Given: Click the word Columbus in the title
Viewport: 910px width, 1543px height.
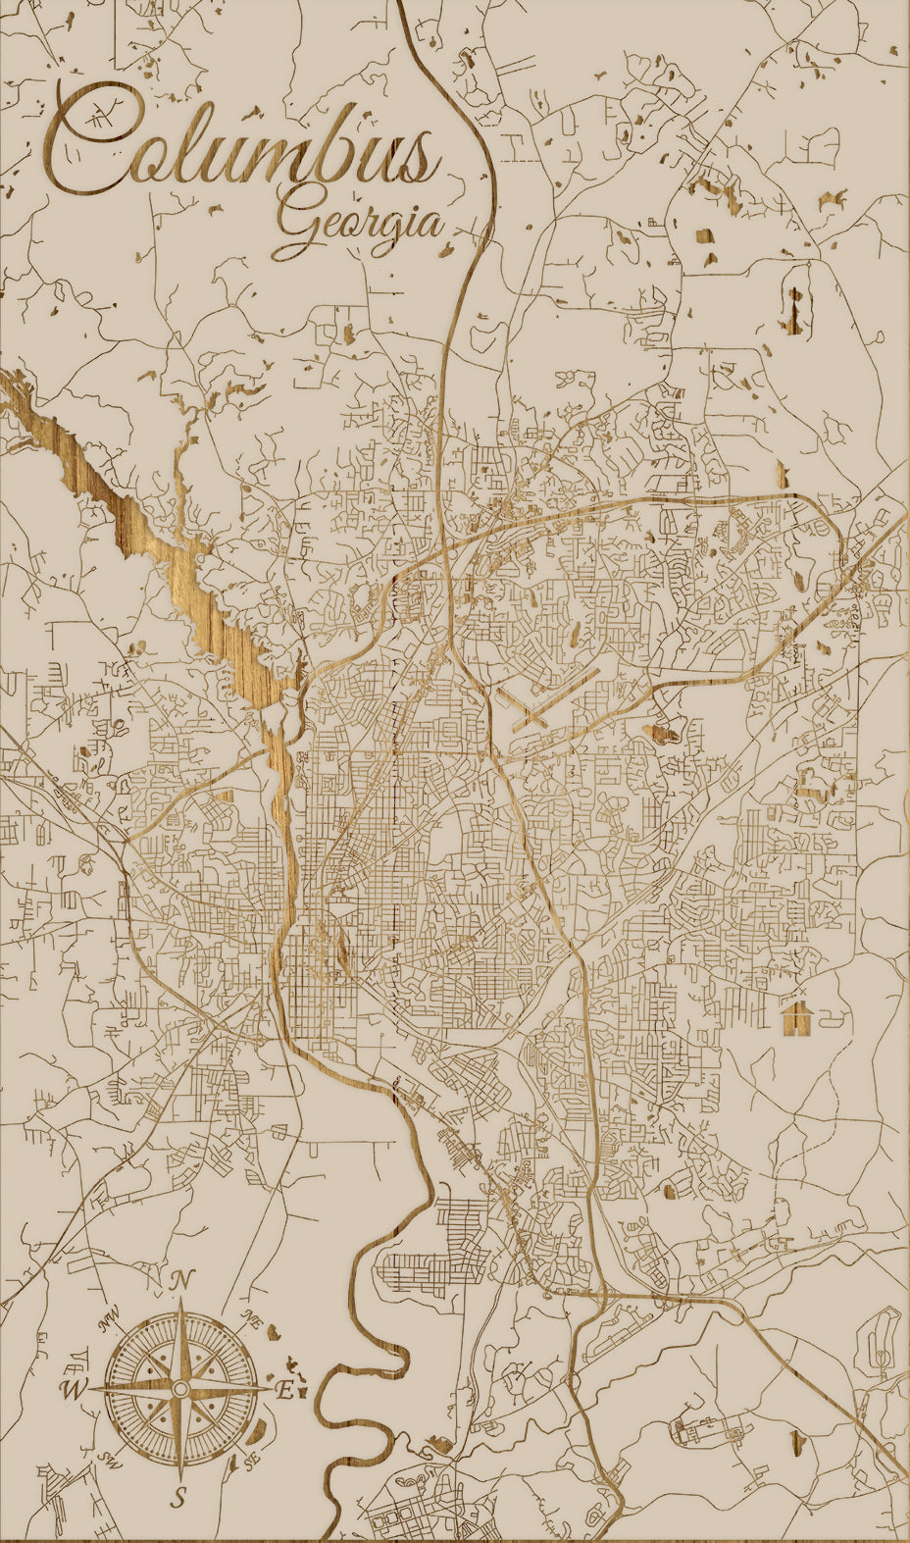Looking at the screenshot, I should point(240,147).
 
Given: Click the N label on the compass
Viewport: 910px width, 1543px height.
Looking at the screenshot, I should point(180,1280).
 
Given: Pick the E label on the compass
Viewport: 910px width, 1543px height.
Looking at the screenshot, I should point(284,1390).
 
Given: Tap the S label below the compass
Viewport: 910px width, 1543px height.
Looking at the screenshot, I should point(179,1497).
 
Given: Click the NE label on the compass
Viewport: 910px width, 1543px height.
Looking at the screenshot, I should point(253,1317).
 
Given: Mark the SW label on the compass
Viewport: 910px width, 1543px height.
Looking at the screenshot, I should point(108,1461).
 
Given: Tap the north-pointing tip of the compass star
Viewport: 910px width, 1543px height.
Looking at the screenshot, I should point(180,1300).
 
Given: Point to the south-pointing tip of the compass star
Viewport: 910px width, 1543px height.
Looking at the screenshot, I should point(180,1479).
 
